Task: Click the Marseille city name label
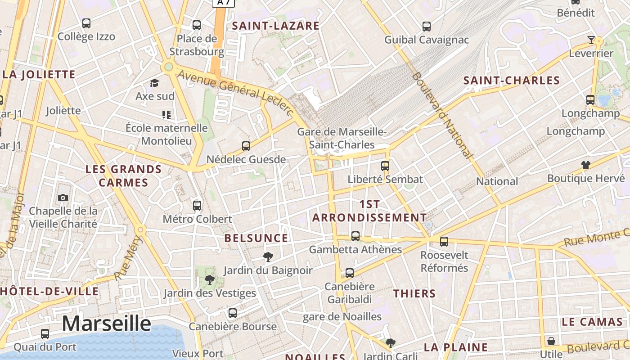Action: pyautogui.click(x=106, y=324)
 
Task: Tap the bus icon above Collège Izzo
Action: pyautogui.click(x=86, y=23)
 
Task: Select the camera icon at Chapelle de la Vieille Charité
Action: pyautogui.click(x=63, y=198)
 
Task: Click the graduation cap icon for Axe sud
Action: pyautogui.click(x=155, y=83)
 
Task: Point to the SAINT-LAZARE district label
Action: pyautogui.click(x=275, y=26)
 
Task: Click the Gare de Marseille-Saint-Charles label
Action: pyautogui.click(x=342, y=138)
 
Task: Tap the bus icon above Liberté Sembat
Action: pyautogui.click(x=385, y=166)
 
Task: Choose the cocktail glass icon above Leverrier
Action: pyautogui.click(x=591, y=40)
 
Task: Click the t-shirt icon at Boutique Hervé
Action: pyautogui.click(x=585, y=165)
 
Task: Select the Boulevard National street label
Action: pyautogui.click(x=442, y=115)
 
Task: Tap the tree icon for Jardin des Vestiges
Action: pyautogui.click(x=209, y=280)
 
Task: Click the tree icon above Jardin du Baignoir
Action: pyautogui.click(x=268, y=257)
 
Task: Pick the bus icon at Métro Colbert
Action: pyautogui.click(x=197, y=206)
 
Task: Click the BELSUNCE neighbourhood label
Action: pyautogui.click(x=256, y=238)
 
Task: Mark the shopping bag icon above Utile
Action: pyautogui.click(x=551, y=341)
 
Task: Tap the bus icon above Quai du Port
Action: pyautogui.click(x=45, y=334)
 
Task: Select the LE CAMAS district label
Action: pyautogui.click(x=592, y=322)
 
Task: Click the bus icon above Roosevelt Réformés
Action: pyautogui.click(x=444, y=242)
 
